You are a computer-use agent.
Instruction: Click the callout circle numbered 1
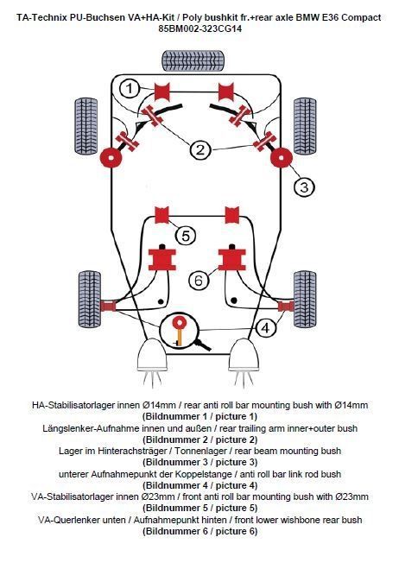[129, 87]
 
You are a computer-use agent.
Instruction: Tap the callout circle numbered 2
[200, 149]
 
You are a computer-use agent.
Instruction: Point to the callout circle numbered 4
[267, 327]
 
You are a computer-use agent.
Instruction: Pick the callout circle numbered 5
[185, 235]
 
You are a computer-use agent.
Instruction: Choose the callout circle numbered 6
[198, 281]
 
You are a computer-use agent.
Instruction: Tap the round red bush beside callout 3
[280, 158]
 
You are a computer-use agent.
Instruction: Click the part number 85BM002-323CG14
[199, 28]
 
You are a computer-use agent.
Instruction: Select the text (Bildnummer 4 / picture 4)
[199, 486]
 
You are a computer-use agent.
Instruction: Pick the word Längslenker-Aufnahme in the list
[86, 428]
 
